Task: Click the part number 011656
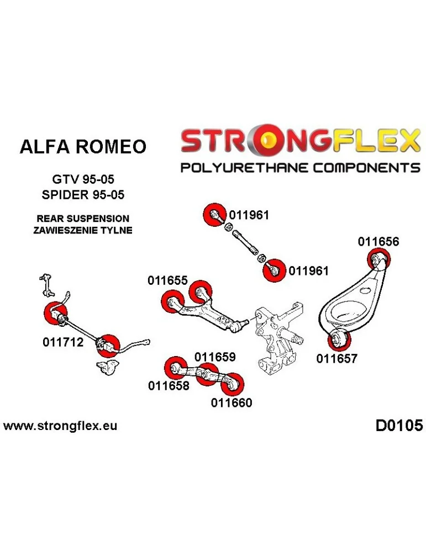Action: (378, 241)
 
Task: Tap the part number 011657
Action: (336, 358)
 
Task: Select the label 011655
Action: (167, 280)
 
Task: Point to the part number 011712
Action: (62, 342)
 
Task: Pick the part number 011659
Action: (215, 357)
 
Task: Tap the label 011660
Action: (231, 402)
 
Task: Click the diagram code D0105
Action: (398, 426)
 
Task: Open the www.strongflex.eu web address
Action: (60, 426)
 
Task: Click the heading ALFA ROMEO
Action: (83, 146)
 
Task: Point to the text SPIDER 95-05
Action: (83, 194)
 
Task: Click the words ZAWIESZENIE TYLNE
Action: (83, 230)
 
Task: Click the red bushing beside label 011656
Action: (378, 258)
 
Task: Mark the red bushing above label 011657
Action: (336, 339)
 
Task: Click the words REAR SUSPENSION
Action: (83, 219)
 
